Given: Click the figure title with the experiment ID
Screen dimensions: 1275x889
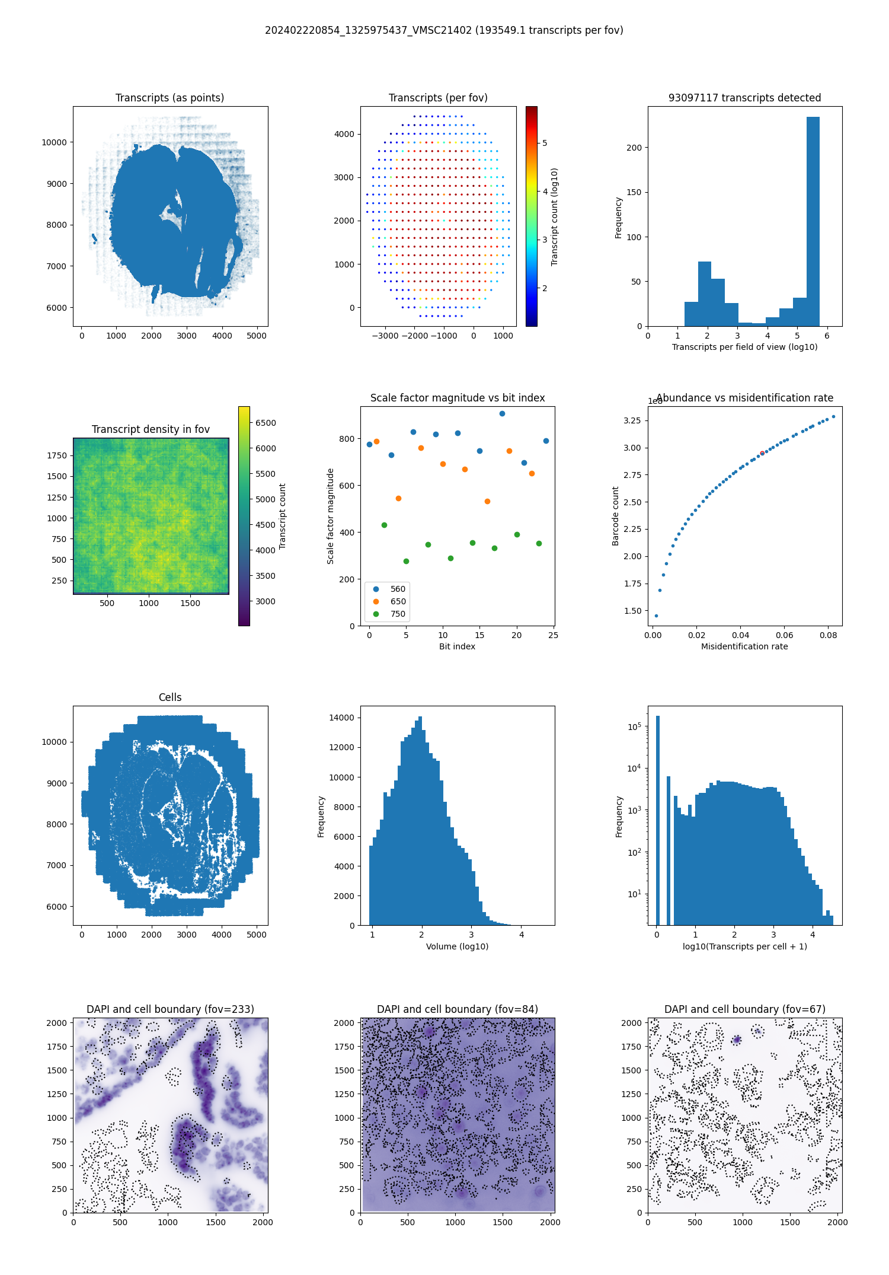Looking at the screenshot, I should (444, 30).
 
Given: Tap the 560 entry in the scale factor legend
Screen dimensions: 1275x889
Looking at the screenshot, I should (398, 589).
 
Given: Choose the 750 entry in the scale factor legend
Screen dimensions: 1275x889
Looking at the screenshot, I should (398, 614).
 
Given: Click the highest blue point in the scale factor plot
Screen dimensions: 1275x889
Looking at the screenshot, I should (502, 413).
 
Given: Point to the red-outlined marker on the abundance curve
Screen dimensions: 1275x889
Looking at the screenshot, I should (762, 453).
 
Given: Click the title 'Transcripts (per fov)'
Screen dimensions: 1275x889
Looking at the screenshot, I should (438, 98).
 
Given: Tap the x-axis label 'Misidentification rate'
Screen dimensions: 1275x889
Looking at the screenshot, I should (744, 646).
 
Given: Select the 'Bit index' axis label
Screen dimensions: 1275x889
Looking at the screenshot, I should (457, 646).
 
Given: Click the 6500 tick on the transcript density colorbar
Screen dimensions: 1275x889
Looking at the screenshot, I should (266, 423).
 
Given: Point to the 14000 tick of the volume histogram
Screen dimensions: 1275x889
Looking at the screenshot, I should (341, 718).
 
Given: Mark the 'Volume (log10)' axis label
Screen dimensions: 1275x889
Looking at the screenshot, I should (457, 946).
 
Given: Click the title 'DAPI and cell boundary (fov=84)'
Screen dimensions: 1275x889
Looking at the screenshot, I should (457, 1009).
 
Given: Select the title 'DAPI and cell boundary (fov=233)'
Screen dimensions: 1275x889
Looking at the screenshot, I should (170, 1009).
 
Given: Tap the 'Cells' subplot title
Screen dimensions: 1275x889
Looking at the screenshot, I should (170, 697).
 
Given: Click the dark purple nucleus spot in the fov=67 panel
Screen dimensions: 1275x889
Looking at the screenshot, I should (737, 1040).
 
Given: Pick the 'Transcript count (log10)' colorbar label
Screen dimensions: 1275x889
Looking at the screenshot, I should (555, 216).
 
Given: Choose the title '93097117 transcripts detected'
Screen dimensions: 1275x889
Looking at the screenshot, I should (744, 98).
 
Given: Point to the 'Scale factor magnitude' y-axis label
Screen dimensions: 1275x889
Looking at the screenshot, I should (331, 516).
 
